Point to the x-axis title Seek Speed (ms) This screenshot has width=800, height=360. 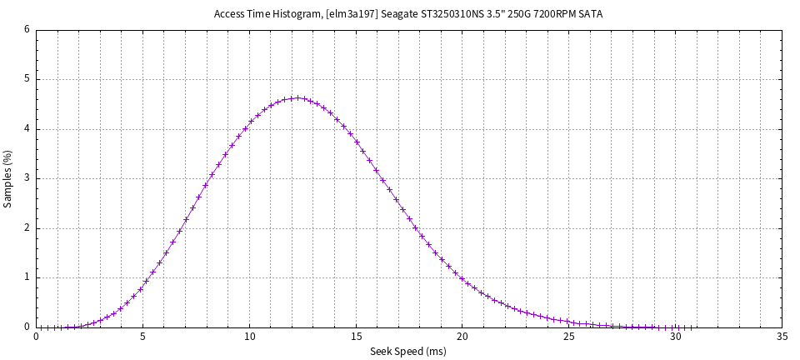click(408, 352)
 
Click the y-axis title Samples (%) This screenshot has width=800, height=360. click(8, 178)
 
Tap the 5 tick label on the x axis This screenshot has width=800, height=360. click(142, 337)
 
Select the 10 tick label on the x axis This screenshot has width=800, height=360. click(249, 337)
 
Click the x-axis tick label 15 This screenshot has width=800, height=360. click(356, 337)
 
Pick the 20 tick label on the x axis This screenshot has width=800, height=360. click(462, 337)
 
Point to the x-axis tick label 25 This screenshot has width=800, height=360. click(569, 337)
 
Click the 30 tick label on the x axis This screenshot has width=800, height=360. click(676, 337)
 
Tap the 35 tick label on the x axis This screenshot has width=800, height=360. click(782, 337)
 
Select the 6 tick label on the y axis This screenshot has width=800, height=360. click(27, 29)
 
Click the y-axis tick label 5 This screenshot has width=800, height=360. click(27, 79)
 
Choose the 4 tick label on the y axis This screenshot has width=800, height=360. click(27, 129)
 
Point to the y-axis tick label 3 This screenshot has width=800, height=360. click(27, 178)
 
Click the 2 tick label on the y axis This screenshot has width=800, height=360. click(27, 228)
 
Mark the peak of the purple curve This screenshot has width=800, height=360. click(298, 97)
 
